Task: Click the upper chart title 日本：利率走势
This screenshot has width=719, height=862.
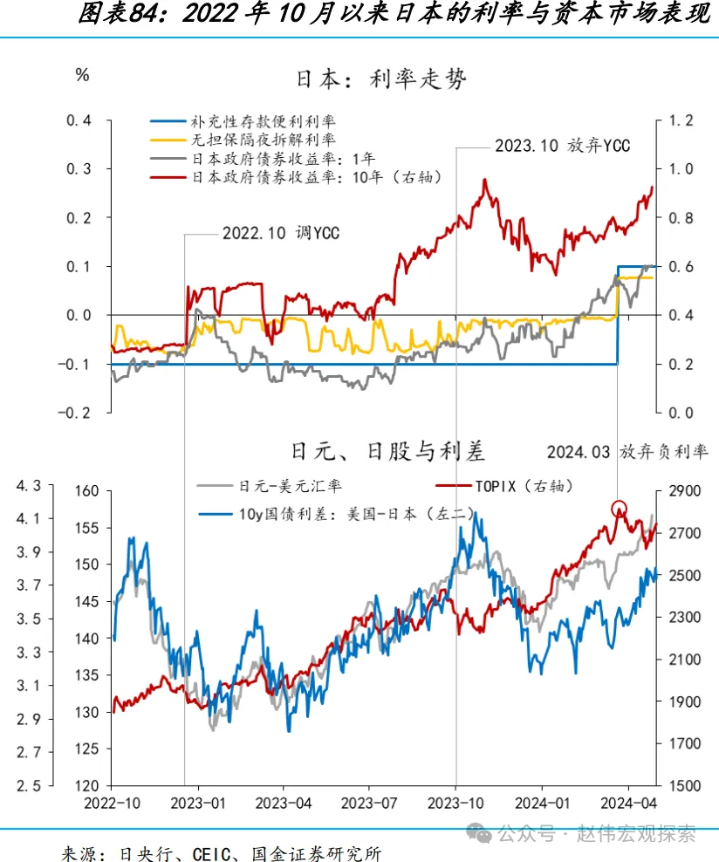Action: coord(382,79)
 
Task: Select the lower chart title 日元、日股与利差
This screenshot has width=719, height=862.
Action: coord(387,451)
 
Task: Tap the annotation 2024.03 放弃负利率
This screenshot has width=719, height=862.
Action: coord(627,452)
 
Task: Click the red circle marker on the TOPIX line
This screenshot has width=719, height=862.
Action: coord(619,509)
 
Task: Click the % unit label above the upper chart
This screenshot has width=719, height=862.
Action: coord(82,75)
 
